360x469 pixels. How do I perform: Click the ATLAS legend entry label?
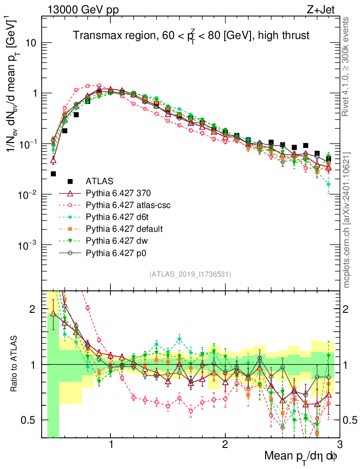coord(99,180)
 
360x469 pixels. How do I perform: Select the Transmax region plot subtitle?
coord(191,35)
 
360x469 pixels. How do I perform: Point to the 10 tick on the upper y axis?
coord(32,43)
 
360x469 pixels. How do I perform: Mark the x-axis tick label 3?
coord(339,445)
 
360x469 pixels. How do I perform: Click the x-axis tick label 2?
coord(225,445)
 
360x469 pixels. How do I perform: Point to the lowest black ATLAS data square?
coord(54,174)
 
